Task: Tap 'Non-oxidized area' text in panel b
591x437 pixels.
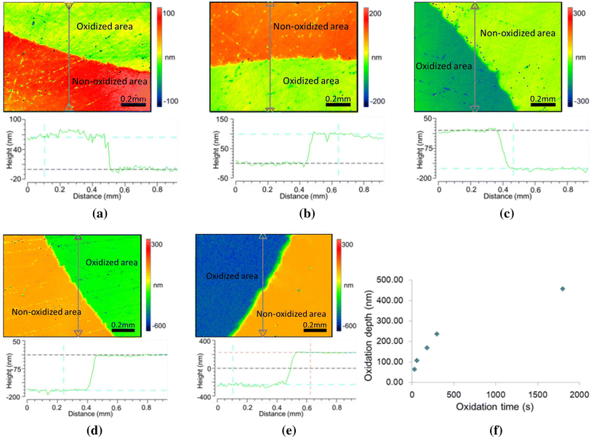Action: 311,26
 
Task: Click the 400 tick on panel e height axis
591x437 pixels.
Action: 206,341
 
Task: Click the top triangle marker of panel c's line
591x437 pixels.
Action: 475,6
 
